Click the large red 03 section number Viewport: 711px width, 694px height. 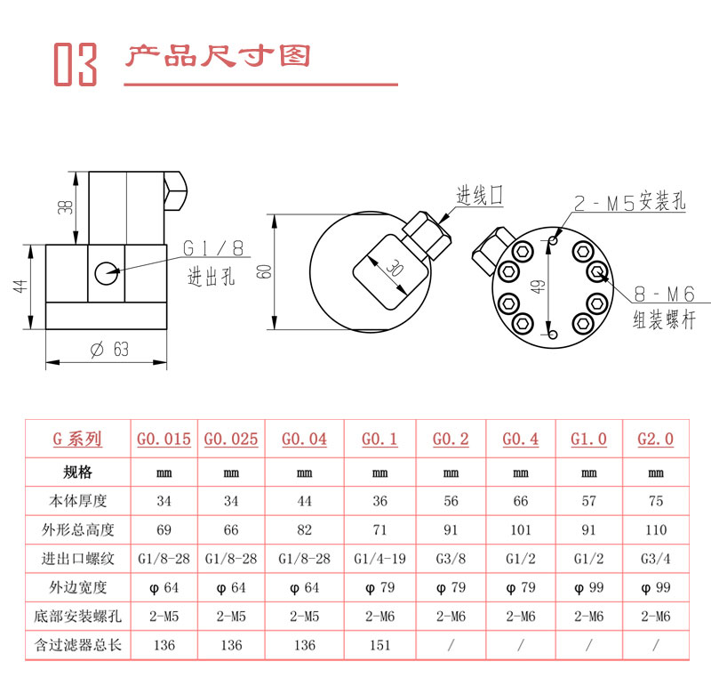click(x=76, y=64)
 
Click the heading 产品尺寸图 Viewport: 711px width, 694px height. click(x=218, y=56)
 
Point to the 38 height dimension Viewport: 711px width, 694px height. click(x=65, y=207)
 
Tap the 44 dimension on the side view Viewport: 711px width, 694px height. click(x=20, y=286)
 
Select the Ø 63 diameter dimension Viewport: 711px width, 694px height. click(x=109, y=349)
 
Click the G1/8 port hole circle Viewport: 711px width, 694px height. click(x=107, y=274)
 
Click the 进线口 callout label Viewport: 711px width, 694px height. click(x=479, y=195)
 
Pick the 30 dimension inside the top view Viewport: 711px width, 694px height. click(x=395, y=269)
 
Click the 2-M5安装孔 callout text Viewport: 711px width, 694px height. click(x=629, y=201)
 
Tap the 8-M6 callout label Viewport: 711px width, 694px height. click(x=664, y=295)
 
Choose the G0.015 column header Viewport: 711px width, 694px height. click(x=164, y=439)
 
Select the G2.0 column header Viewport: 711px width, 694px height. click(x=655, y=439)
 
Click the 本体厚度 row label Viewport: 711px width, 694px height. click(x=78, y=501)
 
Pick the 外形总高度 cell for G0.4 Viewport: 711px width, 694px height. click(x=521, y=529)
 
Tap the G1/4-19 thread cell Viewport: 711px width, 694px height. click(x=380, y=558)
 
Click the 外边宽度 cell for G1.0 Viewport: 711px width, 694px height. click(x=588, y=588)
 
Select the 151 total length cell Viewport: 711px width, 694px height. click(x=380, y=645)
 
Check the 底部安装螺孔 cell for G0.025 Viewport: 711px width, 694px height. click(x=231, y=617)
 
